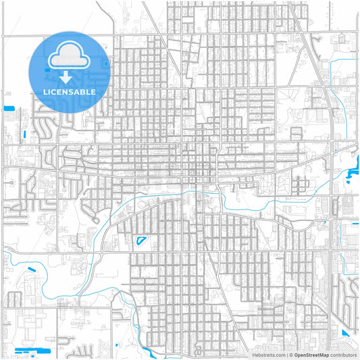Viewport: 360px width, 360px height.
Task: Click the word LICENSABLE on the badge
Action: [68, 92]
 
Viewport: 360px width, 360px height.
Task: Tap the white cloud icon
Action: [68, 55]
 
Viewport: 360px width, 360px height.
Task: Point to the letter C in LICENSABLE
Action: [52, 92]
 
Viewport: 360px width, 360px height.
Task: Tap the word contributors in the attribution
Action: [343, 354]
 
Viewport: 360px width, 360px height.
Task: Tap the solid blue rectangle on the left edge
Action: [9, 108]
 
